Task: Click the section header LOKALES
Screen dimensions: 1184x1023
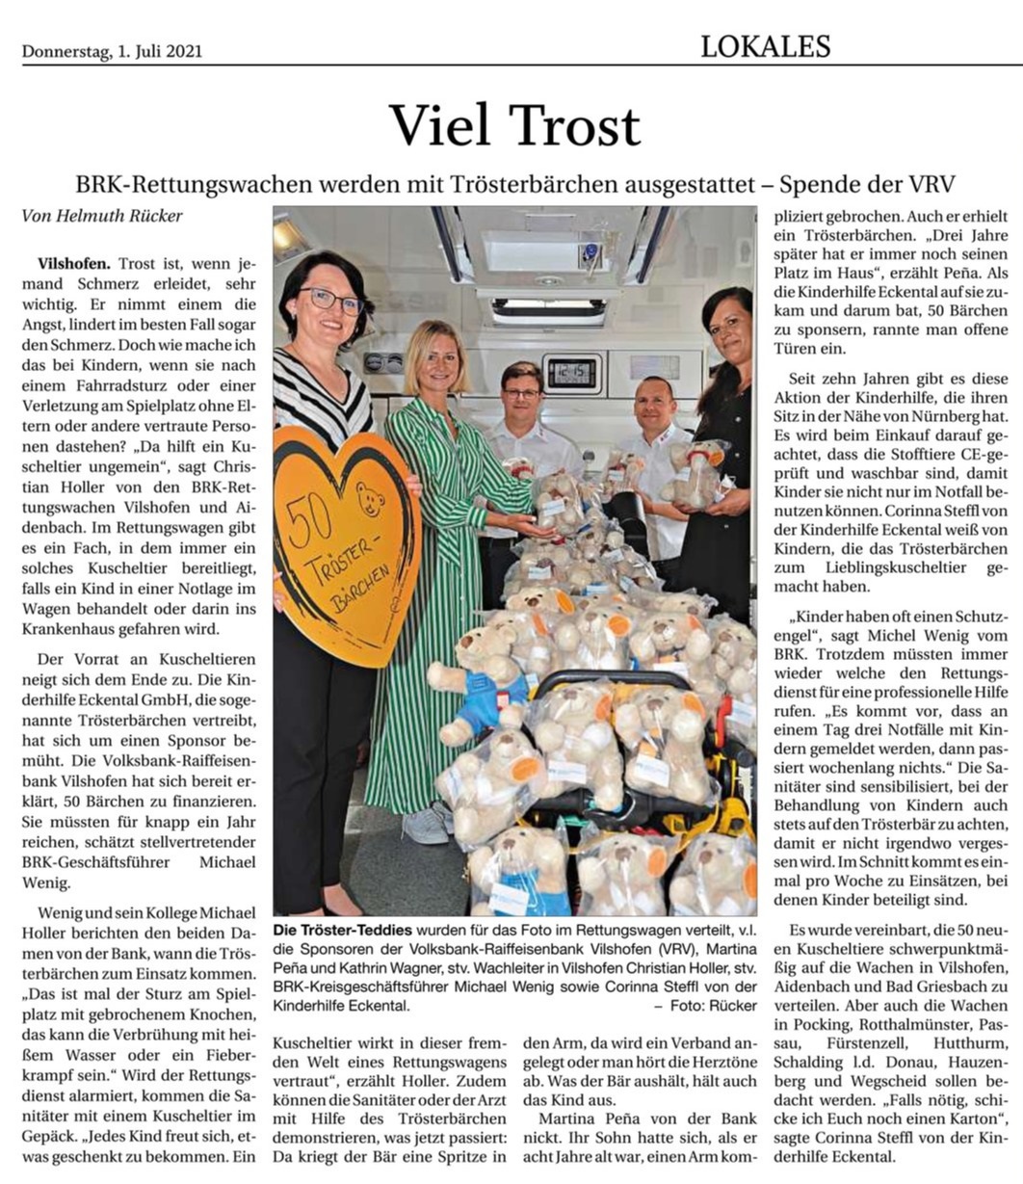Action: (x=765, y=45)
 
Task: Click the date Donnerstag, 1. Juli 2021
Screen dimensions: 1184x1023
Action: (x=112, y=51)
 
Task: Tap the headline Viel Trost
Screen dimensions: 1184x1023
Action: (x=514, y=124)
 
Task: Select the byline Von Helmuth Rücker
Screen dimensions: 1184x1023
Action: (x=101, y=216)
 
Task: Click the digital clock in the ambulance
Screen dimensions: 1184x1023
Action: (x=571, y=372)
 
